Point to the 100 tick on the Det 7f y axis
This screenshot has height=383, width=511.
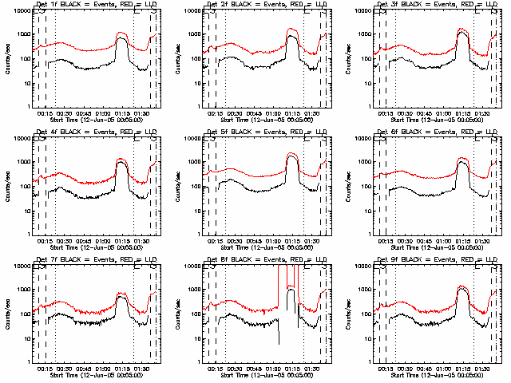(23, 315)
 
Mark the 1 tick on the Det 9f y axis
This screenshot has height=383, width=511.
(369, 361)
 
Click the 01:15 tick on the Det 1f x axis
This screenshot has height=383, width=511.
(122, 113)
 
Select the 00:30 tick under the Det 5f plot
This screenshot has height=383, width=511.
(234, 240)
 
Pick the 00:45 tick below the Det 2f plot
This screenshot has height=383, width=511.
(254, 113)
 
